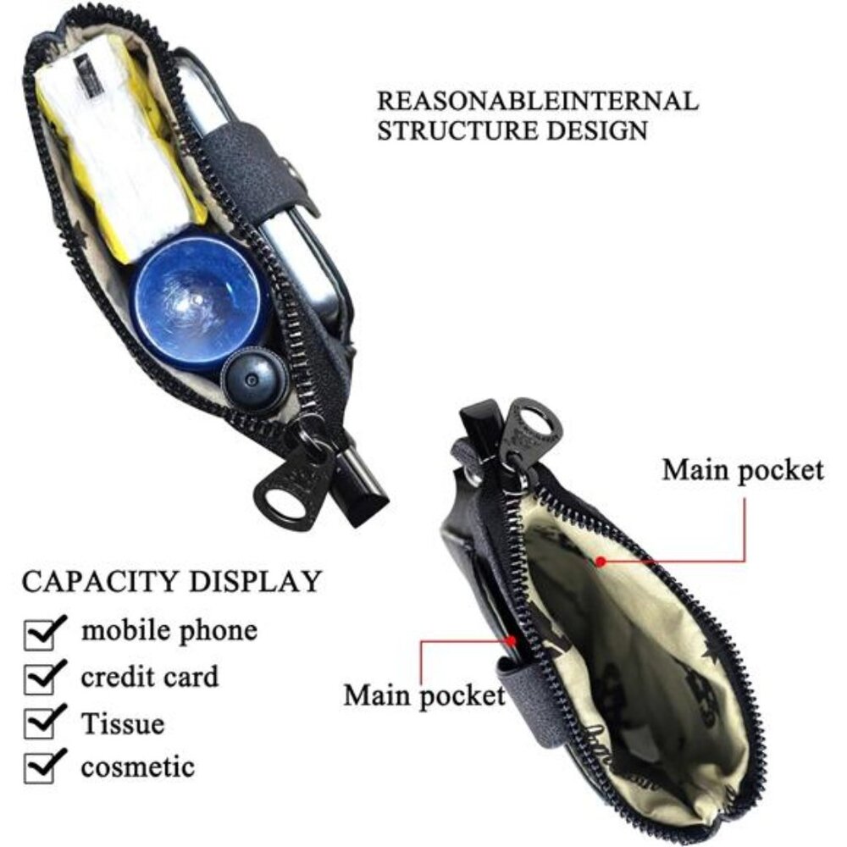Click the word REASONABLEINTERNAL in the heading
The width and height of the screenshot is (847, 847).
point(538,101)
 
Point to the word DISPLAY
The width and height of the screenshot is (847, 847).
point(255,581)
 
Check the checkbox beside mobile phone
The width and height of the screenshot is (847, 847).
point(43,633)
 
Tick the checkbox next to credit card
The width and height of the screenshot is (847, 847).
point(43,678)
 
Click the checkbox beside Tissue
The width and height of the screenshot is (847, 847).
point(43,722)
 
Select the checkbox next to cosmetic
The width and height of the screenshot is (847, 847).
point(43,767)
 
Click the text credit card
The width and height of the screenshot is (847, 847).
point(150,676)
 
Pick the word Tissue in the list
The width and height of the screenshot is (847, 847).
point(123,722)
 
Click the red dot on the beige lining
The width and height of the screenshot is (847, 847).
point(601,562)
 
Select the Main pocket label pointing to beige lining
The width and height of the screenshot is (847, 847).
point(744,470)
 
